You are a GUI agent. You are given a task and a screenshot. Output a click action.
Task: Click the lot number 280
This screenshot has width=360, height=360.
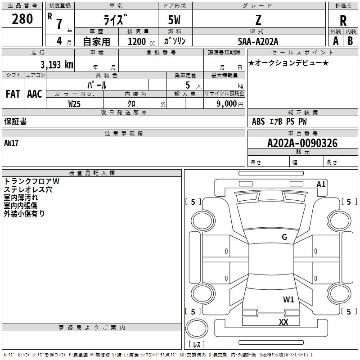22,19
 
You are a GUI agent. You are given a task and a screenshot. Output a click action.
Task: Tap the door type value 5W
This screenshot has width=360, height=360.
175,20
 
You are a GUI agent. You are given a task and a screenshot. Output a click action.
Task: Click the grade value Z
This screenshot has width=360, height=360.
258,20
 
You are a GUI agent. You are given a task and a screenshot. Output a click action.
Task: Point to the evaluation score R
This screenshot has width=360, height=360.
343,21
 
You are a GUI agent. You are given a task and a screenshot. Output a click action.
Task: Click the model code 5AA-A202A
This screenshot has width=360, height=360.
258,41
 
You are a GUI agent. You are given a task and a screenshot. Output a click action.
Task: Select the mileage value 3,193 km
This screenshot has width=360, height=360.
56,64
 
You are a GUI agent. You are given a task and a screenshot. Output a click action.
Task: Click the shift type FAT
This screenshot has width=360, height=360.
13,94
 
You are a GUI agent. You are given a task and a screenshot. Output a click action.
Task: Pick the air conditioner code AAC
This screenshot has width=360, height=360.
35,94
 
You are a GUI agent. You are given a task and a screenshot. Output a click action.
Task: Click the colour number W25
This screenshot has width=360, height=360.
75,103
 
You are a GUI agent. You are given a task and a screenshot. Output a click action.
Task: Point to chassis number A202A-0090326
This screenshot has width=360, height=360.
302,143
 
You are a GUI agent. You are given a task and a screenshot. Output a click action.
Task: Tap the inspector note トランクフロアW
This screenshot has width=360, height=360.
31,181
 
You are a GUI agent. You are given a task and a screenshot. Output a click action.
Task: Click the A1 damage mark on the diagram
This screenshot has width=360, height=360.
321,184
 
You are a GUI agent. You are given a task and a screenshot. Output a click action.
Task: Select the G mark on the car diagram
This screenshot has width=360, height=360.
284,237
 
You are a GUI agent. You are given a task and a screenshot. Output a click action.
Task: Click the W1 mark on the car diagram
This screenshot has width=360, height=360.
288,299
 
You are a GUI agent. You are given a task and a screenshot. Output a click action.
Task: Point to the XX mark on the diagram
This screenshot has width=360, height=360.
283,322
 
